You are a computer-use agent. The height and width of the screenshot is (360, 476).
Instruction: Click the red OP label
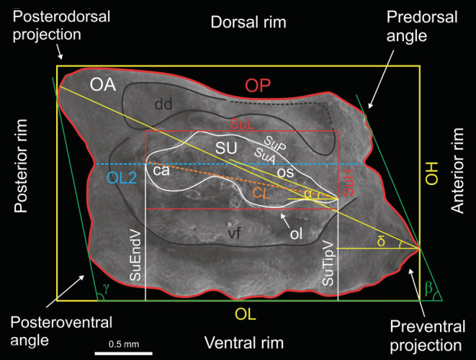pos(257,86)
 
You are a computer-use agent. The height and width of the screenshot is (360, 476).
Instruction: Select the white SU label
pos(225,147)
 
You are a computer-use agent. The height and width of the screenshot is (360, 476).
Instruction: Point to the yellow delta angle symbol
pos(382,240)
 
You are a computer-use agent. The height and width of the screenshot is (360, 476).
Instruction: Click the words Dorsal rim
pos(248,23)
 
